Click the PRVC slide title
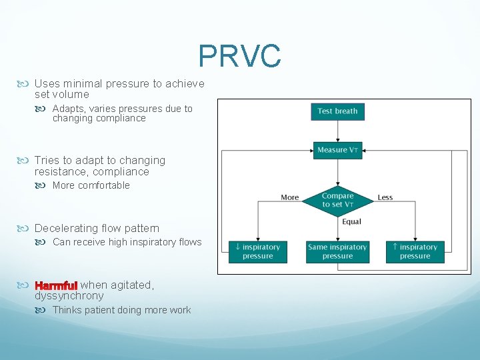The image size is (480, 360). tap(239, 57)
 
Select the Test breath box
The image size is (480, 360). tap(337, 111)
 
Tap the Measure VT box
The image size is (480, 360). tap(337, 150)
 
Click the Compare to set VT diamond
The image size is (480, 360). tap(337, 200)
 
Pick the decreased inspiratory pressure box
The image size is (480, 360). tap(257, 251)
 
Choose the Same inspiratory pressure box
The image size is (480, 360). tap(337, 251)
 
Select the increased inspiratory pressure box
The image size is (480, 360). tap(415, 251)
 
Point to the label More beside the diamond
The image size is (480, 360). tap(290, 197)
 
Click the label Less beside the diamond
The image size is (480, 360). tap(385, 197)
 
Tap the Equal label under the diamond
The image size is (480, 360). tap(351, 222)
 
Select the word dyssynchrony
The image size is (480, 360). tap(69, 296)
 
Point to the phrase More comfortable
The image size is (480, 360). tap(91, 185)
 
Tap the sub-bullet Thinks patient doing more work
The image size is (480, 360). tap(121, 310)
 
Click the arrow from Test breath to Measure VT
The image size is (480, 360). tap(337, 131)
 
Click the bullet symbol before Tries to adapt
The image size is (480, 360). tap(27, 161)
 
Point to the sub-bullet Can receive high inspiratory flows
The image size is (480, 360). tap(127, 242)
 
